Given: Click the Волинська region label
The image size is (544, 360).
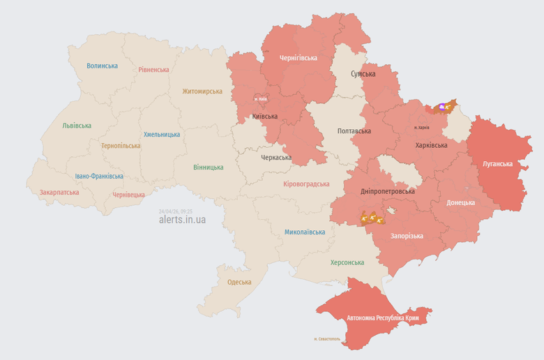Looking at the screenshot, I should click(x=102, y=66).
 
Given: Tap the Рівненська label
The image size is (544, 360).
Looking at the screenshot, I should click(x=153, y=70).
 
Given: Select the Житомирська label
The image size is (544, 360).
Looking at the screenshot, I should click(x=202, y=91).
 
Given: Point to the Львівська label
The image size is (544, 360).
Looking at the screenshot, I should click(x=77, y=126).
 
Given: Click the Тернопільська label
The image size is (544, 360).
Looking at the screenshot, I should click(x=121, y=146).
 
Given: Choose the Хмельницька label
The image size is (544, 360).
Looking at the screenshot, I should click(x=161, y=135).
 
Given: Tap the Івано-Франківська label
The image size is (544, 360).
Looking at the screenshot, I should click(x=99, y=177).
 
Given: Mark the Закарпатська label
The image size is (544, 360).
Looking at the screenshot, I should click(x=59, y=192).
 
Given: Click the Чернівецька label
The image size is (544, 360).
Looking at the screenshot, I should click(x=128, y=195).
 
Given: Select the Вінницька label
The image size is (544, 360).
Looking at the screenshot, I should click(x=209, y=167).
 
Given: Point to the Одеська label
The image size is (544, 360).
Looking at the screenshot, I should click(x=239, y=282).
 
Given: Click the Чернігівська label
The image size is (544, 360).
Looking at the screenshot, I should click(x=299, y=58).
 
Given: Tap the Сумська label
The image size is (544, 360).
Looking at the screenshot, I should click(x=363, y=74).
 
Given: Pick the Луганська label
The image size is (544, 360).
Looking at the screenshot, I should click(x=497, y=164).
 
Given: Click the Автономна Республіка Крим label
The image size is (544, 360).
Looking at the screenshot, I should click(x=382, y=318).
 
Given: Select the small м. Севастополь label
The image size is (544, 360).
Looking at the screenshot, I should click(x=327, y=339).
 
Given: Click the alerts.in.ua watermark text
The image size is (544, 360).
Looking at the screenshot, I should click(x=182, y=219).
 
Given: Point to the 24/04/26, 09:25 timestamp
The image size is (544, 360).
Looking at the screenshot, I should click(x=175, y=211).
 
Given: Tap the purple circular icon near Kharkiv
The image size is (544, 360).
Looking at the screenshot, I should click(x=441, y=107).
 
